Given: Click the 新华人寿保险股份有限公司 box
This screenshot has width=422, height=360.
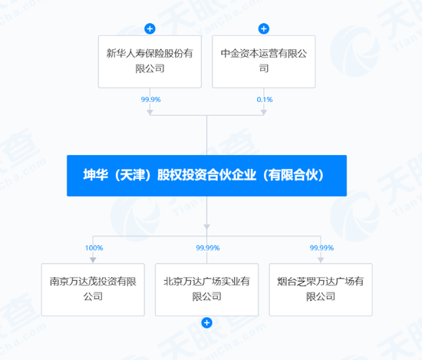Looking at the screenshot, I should pos(150,61).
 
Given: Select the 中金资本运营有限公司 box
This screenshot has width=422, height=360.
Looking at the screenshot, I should pos(263,61).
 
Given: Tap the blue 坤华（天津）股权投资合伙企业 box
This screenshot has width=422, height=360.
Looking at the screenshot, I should pos(206,176).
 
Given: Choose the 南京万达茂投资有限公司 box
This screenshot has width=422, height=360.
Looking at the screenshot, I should pos(93,289).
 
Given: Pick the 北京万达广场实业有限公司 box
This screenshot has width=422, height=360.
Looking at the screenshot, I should pos(206,289).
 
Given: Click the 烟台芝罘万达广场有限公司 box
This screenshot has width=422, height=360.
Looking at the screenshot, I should pos(320,289).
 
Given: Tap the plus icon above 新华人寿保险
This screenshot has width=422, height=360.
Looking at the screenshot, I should pos(150,29).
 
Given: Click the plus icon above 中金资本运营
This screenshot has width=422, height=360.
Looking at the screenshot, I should pos(263,29).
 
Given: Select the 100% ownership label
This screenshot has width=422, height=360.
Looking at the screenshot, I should pos(94,248).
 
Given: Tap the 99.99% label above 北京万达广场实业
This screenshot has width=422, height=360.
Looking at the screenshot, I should pos(207,248).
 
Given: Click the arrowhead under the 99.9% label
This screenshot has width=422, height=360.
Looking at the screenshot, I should pos(150,112).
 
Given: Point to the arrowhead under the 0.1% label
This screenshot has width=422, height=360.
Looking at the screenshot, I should pos(263,112).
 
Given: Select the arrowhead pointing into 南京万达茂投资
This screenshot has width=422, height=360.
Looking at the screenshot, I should pos(93,259).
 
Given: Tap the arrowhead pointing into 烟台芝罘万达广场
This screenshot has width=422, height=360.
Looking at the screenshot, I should pos(320,259).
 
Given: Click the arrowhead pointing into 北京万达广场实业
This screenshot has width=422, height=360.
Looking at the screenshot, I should pos(206,259).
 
